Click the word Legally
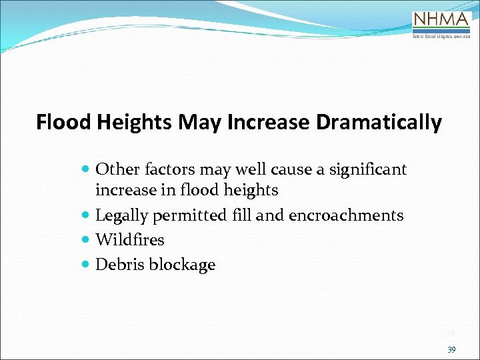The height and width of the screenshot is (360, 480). point(122,215)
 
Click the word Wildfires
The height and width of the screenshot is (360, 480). point(130,239)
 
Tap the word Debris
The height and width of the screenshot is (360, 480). point(120,264)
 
